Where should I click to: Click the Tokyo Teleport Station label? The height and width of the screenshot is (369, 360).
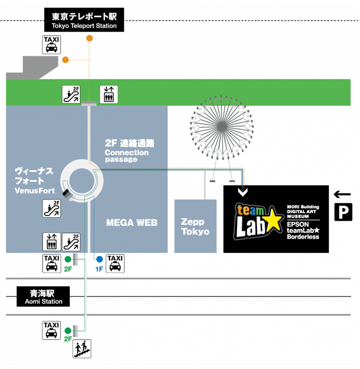[84, 20]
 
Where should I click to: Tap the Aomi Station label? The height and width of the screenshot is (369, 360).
[43, 296]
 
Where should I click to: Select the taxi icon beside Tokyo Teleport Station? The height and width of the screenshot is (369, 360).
[51, 45]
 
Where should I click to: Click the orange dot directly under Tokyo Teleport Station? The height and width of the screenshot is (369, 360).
[89, 38]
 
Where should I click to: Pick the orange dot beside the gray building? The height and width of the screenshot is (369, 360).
[65, 60]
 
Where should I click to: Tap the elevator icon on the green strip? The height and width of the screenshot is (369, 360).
[109, 94]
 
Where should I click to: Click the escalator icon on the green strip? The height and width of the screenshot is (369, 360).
[71, 94]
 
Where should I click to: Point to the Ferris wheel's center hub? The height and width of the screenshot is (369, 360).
[222, 127]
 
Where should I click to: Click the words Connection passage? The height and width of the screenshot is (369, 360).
[127, 156]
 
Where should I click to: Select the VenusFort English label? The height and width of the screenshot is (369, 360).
[35, 191]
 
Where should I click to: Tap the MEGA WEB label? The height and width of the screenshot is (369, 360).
[132, 222]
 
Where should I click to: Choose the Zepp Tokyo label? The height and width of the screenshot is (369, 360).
[195, 227]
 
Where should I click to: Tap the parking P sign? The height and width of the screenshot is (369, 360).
[343, 212]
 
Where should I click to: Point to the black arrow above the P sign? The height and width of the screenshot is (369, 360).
[342, 195]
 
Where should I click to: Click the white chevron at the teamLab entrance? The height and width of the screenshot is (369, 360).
[243, 192]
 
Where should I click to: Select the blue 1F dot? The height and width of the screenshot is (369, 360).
[99, 259]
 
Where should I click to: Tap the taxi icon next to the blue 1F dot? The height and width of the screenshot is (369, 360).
[115, 264]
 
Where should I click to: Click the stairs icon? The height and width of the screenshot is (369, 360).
[82, 349]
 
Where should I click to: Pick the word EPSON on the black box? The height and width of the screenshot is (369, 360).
[298, 224]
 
